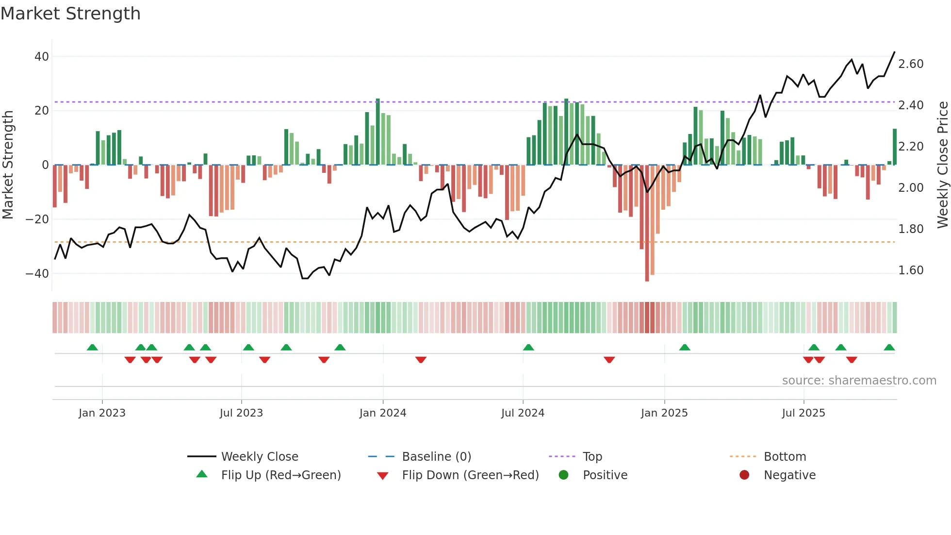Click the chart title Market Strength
tap(70, 14)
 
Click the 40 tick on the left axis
tap(42, 57)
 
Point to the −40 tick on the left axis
tap(38, 274)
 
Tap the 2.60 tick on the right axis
tap(911, 64)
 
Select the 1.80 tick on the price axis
tap(911, 229)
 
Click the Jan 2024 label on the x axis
tap(383, 413)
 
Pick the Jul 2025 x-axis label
tap(803, 413)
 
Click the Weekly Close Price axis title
tap(942, 165)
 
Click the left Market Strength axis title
tap(8, 165)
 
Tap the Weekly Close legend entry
tap(260, 457)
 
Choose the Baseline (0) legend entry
tap(436, 457)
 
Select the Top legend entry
tap(592, 457)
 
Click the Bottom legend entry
tap(785, 457)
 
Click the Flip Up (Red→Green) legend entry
tap(281, 475)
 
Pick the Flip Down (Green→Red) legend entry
tap(470, 475)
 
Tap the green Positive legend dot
tap(563, 475)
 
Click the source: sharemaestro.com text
tap(859, 381)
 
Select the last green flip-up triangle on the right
tap(889, 348)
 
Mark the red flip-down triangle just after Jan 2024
tap(421, 360)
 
